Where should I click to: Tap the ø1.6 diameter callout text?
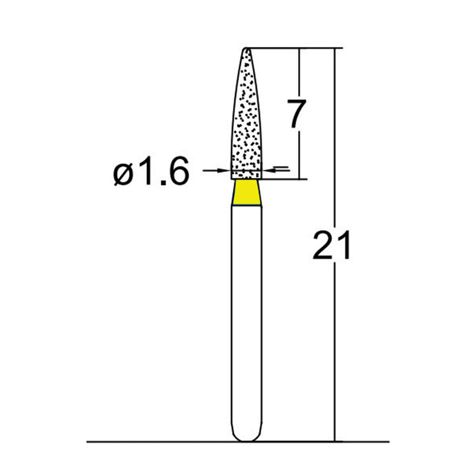click(x=151, y=173)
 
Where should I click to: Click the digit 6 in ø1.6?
click(x=177, y=173)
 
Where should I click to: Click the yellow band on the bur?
click(x=246, y=193)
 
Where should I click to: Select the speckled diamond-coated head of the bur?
click(x=246, y=119)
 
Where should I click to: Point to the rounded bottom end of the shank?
click(x=246, y=437)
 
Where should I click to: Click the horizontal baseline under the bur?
click(x=149, y=442)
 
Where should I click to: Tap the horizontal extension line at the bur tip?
click(x=297, y=48)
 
